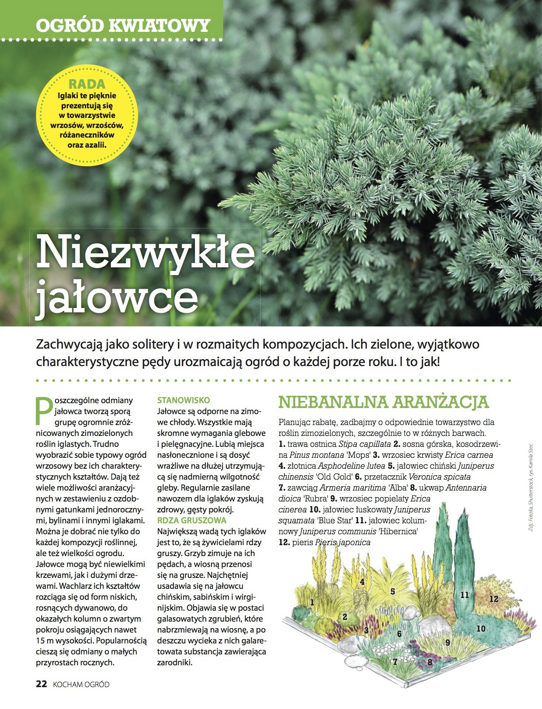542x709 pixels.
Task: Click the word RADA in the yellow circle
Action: (87, 84)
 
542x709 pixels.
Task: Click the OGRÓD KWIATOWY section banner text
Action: (123, 26)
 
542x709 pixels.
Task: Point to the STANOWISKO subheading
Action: (184, 400)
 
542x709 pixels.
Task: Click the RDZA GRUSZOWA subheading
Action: (192, 520)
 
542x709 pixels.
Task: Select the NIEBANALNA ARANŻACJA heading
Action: (383, 402)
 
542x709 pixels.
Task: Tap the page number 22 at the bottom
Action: (41, 685)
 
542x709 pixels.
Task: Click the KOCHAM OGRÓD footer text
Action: (81, 685)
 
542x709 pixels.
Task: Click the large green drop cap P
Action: (43, 411)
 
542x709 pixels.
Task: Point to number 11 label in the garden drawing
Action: (464, 595)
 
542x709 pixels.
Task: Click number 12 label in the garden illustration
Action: (493, 599)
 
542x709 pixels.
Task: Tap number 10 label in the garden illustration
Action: (481, 629)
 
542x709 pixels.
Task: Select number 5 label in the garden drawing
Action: (393, 591)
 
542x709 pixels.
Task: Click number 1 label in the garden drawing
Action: (312, 602)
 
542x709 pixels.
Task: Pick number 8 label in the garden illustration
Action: (430, 662)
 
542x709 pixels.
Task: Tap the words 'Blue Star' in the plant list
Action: (335, 521)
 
